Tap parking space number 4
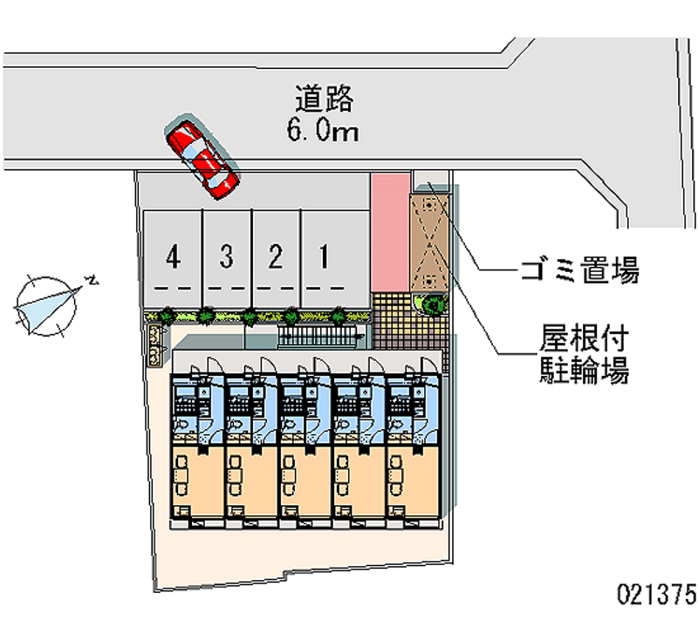pyautogui.click(x=174, y=257)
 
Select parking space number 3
pyautogui.click(x=227, y=257)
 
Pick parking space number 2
pyautogui.click(x=276, y=257)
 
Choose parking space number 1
pyautogui.click(x=325, y=257)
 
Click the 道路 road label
pyautogui.click(x=324, y=99)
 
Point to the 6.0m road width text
pyautogui.click(x=323, y=131)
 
